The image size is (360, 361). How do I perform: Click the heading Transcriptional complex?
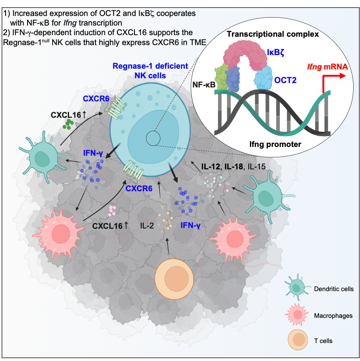pyautogui.click(x=273, y=34)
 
